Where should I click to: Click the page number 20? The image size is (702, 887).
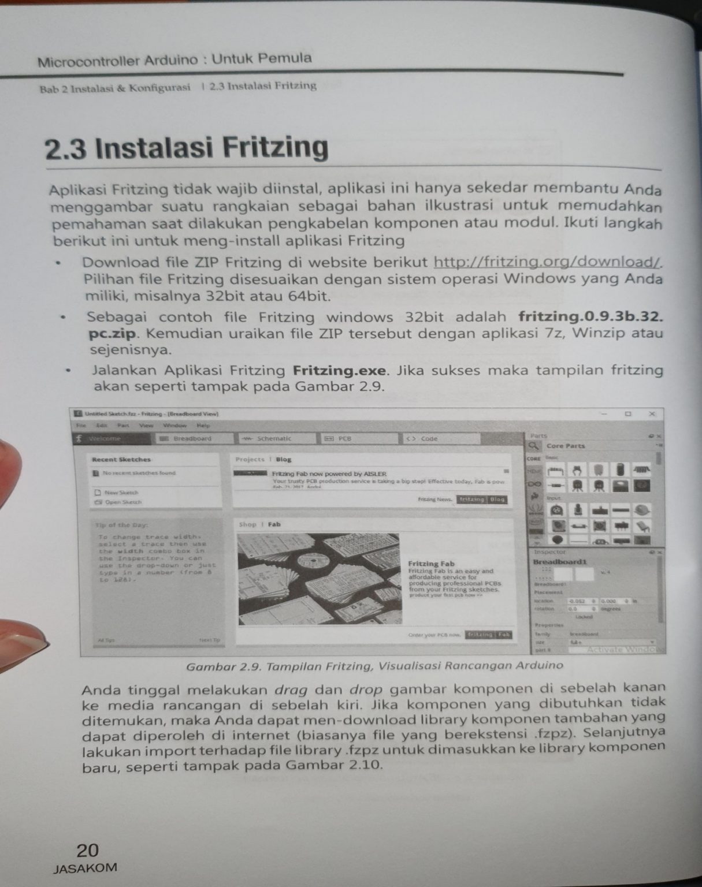pos(88,850)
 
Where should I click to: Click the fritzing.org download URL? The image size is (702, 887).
pos(546,262)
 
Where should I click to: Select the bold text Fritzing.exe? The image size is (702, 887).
pos(339,370)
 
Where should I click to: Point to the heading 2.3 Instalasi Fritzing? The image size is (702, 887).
pos(186,148)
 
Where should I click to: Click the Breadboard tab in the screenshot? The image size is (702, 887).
pos(192,439)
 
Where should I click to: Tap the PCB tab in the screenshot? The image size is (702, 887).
pos(344,439)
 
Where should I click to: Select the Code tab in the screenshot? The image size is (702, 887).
pos(429,439)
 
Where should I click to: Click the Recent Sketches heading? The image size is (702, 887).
pos(121,460)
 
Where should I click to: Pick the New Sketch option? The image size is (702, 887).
pos(120,493)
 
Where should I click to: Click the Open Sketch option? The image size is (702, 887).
pos(122,502)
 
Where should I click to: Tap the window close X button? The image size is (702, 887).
pos(652,414)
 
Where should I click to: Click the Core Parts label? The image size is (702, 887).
pos(565,446)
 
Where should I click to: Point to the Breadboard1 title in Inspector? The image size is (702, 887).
pos(559,562)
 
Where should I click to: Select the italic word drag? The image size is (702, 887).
pos(289,690)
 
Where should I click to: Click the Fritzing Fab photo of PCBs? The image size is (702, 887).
pos(318,578)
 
